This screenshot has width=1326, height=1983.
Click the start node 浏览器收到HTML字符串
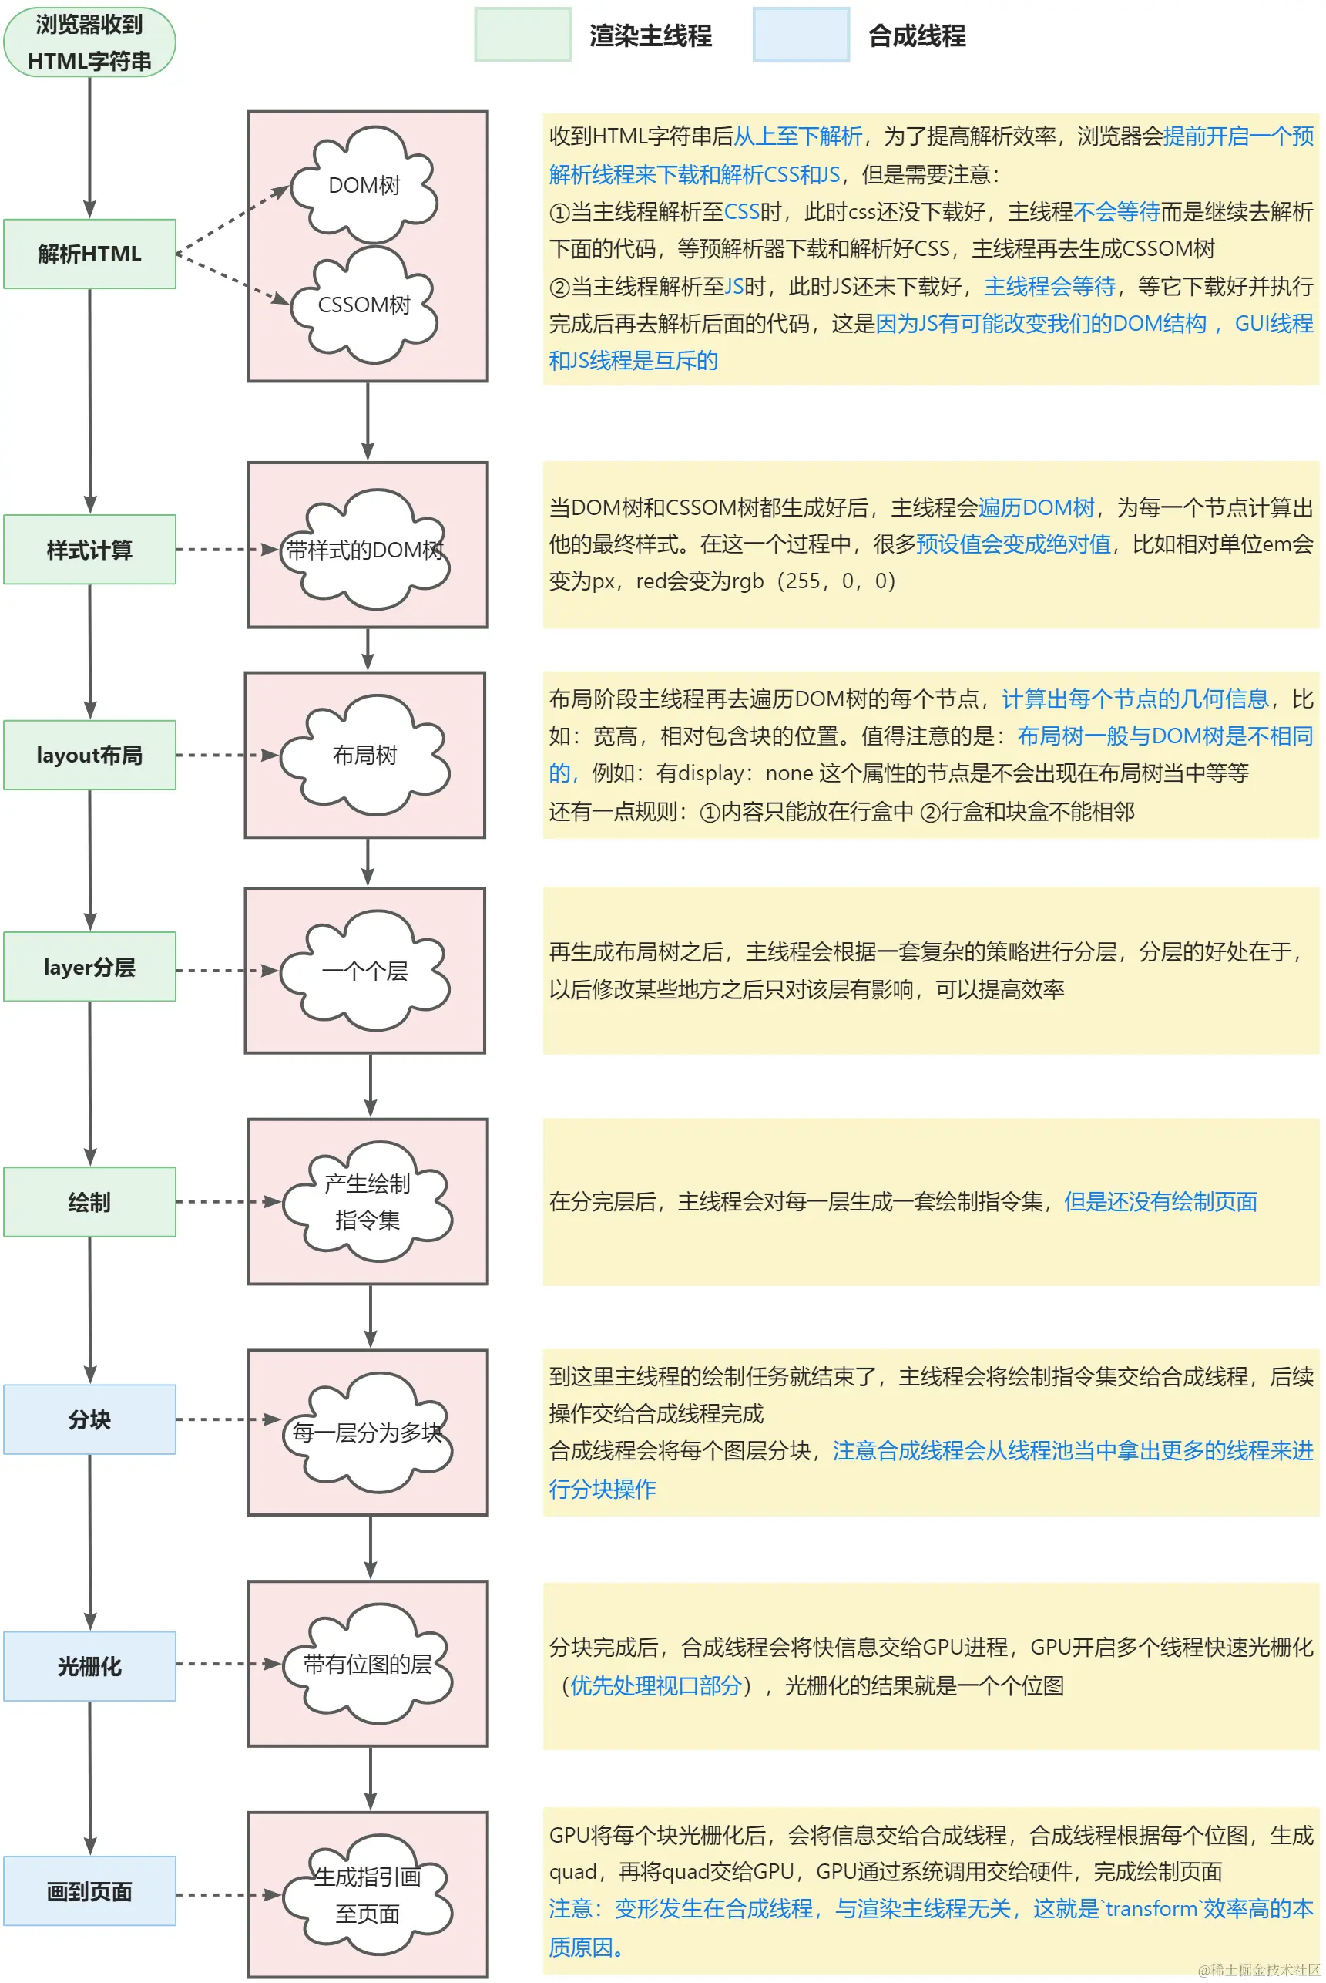coord(89,42)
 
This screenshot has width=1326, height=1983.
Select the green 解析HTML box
coord(89,254)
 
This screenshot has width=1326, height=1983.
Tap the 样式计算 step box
coord(89,549)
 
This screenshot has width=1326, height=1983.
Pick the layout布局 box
coord(89,755)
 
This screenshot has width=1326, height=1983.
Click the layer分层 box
coord(89,966)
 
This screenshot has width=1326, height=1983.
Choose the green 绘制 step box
coord(89,1201)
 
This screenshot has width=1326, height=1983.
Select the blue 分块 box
coord(89,1419)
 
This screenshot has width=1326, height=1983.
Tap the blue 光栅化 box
coord(89,1666)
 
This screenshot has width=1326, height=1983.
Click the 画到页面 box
coord(89,1890)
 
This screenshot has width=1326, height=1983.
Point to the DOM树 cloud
coord(364,184)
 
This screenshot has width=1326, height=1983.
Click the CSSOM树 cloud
coord(364,305)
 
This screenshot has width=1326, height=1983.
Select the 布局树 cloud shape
coord(364,755)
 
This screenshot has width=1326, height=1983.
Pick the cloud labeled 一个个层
coord(364,971)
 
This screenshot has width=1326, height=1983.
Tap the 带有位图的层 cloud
coord(367,1664)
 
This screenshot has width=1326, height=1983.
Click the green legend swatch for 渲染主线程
coord(522,35)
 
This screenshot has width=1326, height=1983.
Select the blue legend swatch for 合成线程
coord(801,35)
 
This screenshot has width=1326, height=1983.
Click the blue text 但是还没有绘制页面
coord(1160,1201)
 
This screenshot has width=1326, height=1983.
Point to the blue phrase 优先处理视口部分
coord(656,1686)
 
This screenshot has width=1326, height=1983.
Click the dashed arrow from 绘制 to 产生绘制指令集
coord(227,1201)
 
